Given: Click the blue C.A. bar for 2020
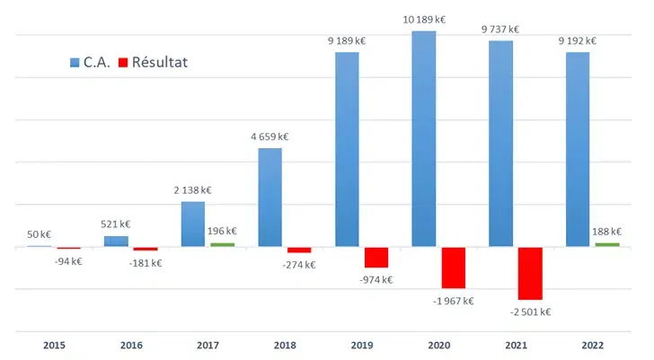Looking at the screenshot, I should pos(423,139).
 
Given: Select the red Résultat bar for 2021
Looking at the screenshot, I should pos(530,273).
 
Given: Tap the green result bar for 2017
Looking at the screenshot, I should pos(222,244).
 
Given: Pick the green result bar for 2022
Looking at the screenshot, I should pos(607,244).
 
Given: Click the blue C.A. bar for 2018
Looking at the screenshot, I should pos(270,198).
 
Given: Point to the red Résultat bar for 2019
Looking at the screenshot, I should pos(376,257).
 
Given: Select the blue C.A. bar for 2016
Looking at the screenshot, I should pos(116,241).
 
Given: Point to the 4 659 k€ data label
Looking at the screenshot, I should pos(270,136).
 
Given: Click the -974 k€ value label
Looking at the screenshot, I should pos(375,279).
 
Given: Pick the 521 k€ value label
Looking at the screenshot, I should pos(116,224).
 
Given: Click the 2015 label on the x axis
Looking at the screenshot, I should pos(53,345).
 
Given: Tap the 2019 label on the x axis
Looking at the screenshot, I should pos(362,345).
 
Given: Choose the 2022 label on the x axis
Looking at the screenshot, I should pos(593,345).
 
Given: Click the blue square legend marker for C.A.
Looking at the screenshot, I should pos(75,63).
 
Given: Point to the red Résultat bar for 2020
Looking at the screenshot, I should pos(454,268).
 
